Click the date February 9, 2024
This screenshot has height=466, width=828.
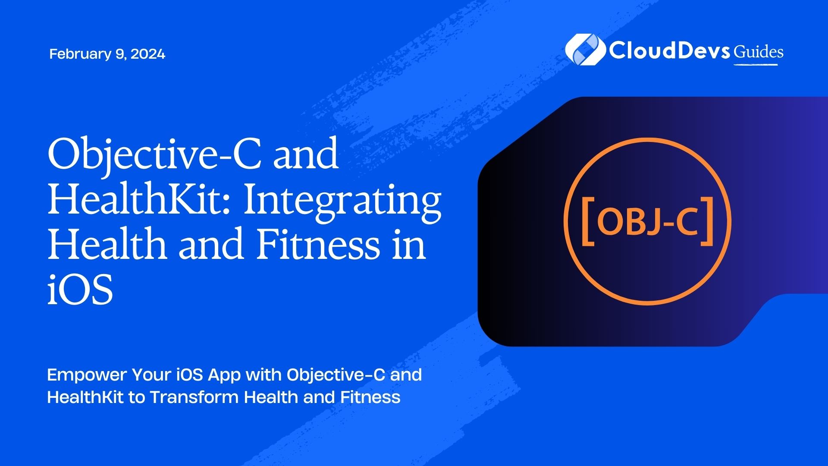point(107,54)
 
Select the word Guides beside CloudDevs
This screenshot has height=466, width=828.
point(759,52)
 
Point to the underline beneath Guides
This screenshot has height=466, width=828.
point(756,65)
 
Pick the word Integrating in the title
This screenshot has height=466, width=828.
point(342,203)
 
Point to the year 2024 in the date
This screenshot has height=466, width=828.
point(147,54)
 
